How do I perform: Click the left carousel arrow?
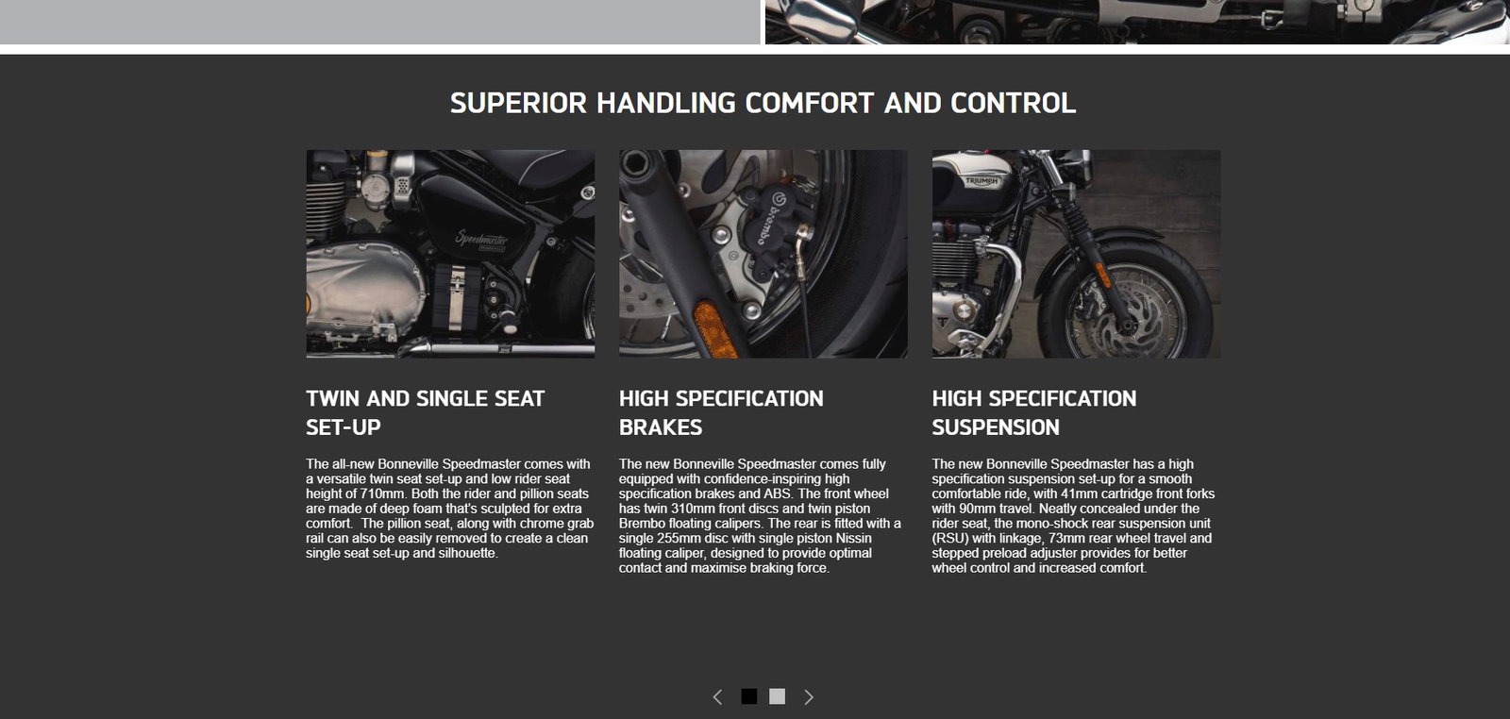coord(717,696)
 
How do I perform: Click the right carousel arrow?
coord(809,696)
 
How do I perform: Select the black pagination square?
coord(749,696)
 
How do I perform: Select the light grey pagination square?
coord(778,696)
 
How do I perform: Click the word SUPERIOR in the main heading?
coord(518,103)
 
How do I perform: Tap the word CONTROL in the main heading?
coord(1013,103)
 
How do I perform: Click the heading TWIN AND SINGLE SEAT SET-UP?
coord(425,412)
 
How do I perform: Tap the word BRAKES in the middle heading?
coord(661,427)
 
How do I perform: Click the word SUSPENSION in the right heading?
coord(996,427)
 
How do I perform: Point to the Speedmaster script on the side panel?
coord(480,238)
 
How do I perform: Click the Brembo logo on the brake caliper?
coord(771,217)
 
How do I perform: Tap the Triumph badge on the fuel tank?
coord(981,180)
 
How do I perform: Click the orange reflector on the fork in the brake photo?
coord(715,329)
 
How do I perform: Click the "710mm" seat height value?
coord(381,493)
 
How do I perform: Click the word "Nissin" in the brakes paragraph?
coord(853,539)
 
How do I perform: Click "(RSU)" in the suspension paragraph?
coord(950,539)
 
